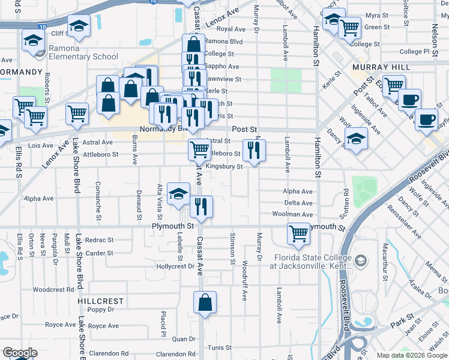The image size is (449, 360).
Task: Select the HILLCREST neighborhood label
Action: (x=100, y=301)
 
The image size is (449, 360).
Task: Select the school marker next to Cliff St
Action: (x=78, y=27)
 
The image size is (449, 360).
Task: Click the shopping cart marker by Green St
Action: (x=349, y=27)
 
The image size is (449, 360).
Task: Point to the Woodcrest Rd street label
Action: (x=53, y=289)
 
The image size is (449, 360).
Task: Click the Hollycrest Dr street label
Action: (x=175, y=266)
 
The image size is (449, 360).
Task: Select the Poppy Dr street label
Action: (x=101, y=310)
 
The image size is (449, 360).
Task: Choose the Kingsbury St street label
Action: (x=224, y=167)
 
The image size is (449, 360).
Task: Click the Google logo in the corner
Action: (x=20, y=353)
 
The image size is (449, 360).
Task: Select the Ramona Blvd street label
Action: (x=223, y=41)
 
